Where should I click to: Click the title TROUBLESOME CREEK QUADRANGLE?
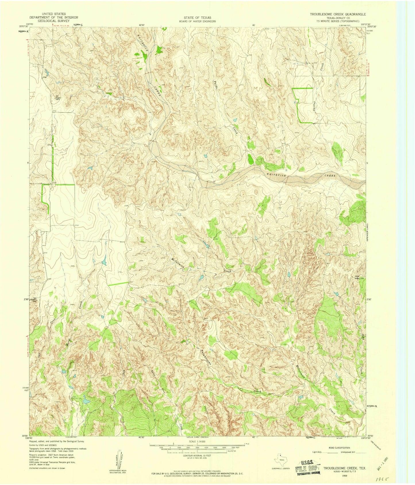(x=337, y=14)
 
